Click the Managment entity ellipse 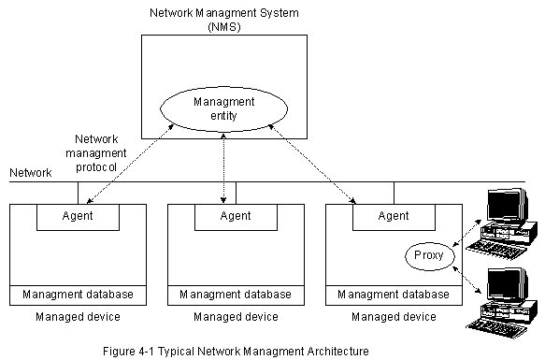[x=223, y=88]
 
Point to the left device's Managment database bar [x=78, y=295]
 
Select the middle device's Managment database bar [x=236, y=295]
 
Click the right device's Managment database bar [x=394, y=295]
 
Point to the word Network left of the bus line [x=31, y=173]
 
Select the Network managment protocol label [x=96, y=153]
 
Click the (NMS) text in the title [x=224, y=27]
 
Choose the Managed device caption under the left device [x=78, y=317]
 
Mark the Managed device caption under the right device [x=394, y=317]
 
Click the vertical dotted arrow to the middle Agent [x=223, y=168]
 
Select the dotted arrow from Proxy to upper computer [x=466, y=233]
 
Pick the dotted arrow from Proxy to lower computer [x=466, y=280]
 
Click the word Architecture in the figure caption [x=337, y=351]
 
